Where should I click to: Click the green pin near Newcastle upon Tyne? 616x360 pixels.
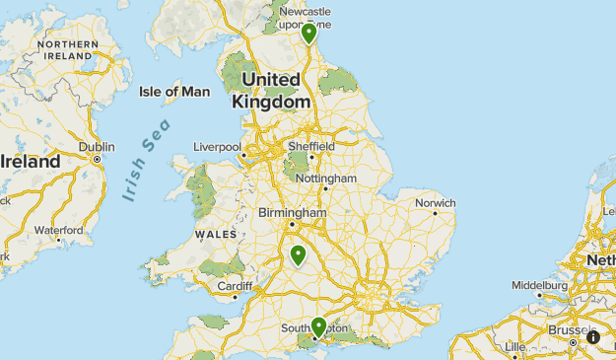tap(309, 33)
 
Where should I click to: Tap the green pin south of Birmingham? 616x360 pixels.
tap(298, 255)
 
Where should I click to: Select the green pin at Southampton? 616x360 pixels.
tap(318, 326)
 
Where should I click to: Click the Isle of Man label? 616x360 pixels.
tap(174, 92)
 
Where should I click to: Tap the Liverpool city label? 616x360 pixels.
tap(217, 147)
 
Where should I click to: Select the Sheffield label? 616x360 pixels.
tap(311, 146)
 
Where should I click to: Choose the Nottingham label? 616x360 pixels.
tap(325, 179)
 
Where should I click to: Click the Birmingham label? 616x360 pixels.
tap(292, 212)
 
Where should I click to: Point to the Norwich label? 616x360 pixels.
tap(435, 203)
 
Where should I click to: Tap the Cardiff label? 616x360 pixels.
tap(236, 288)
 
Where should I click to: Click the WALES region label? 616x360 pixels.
tap(216, 234)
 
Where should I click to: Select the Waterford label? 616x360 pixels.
tap(58, 230)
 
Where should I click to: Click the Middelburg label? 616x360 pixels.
tap(540, 285)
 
